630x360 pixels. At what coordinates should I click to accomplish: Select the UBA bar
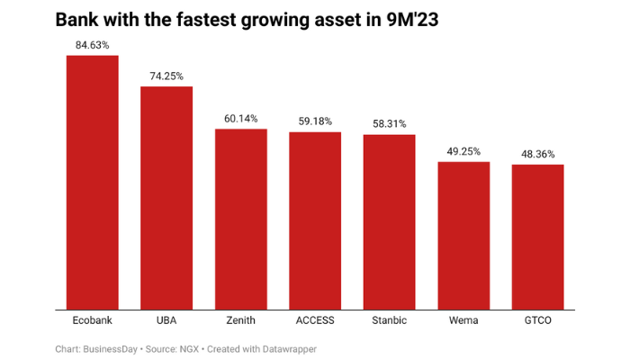click(x=166, y=198)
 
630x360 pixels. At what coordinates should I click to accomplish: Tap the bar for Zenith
click(x=241, y=220)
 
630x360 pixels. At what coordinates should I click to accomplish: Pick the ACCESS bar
click(x=315, y=220)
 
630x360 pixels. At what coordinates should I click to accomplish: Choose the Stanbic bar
click(x=389, y=222)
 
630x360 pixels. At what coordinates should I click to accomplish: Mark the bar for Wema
click(x=463, y=236)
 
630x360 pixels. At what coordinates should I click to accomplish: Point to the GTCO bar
click(x=537, y=237)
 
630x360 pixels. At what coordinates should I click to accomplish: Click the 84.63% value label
click(x=93, y=45)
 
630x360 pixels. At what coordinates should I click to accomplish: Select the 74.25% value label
click(x=166, y=76)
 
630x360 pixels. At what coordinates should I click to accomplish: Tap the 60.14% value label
click(x=241, y=119)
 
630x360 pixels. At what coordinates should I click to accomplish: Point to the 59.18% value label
click(x=315, y=121)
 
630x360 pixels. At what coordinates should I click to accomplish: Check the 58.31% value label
click(x=389, y=124)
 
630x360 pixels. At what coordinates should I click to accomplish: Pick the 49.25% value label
click(x=463, y=151)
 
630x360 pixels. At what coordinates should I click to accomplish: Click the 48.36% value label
click(x=537, y=154)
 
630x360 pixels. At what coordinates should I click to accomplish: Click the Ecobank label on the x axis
click(x=93, y=320)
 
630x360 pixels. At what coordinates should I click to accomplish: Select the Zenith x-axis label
click(x=241, y=320)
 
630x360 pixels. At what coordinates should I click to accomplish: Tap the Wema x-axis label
click(x=463, y=320)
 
